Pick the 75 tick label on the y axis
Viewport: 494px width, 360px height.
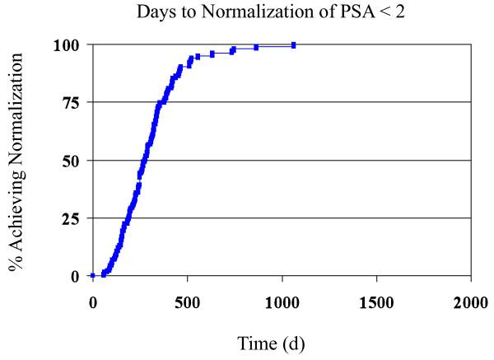pos(72,103)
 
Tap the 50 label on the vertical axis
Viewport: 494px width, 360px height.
pos(72,161)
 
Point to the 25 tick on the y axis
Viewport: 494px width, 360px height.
pos(72,218)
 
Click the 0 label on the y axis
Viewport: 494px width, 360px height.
pos(76,276)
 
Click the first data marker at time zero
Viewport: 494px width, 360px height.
pos(92,276)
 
